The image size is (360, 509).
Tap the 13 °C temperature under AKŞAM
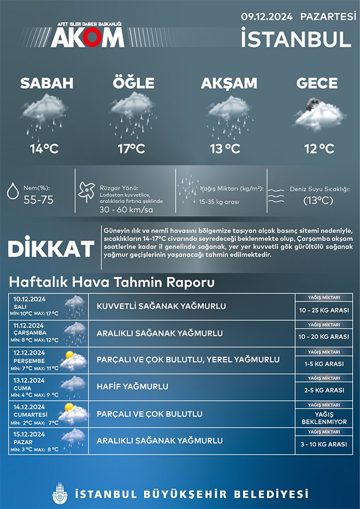224,149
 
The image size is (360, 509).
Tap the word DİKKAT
51,249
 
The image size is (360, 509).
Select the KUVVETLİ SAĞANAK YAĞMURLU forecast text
161,307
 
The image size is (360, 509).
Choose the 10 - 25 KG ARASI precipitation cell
324,310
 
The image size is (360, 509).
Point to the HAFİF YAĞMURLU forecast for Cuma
132,387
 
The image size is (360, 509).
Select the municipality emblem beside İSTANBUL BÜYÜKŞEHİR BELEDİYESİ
59,494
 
